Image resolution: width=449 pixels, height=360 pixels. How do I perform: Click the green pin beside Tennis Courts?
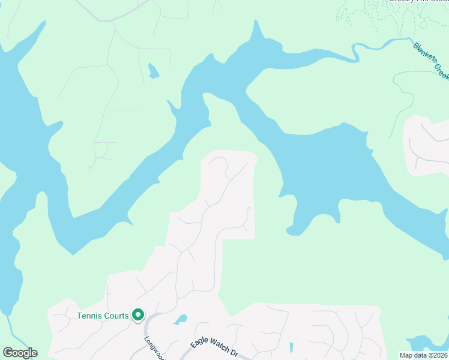click(137, 314)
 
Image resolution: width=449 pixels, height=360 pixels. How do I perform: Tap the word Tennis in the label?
click(90, 316)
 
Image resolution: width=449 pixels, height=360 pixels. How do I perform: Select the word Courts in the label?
click(116, 316)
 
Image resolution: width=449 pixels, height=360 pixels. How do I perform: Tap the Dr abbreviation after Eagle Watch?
click(235, 354)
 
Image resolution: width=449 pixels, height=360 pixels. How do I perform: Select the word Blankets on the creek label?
click(424, 54)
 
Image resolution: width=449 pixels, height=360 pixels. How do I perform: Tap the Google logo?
click(20, 353)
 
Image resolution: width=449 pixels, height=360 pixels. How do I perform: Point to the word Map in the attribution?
click(406, 355)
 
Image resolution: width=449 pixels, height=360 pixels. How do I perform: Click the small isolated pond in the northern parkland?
click(154, 71)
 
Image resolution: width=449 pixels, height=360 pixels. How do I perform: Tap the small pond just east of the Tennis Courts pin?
click(181, 320)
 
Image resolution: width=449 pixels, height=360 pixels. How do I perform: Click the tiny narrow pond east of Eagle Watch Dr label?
click(291, 347)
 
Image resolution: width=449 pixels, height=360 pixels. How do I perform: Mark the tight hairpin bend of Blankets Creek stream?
click(355, 53)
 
